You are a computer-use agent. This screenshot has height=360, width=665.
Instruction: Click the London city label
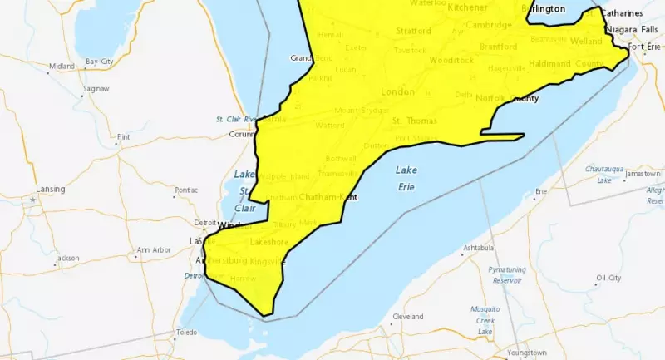[x=397, y=91]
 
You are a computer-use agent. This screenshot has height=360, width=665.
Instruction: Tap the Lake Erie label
[x=406, y=178]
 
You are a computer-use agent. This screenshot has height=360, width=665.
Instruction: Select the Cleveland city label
[x=407, y=317]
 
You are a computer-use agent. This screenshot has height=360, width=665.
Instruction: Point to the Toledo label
[x=186, y=333]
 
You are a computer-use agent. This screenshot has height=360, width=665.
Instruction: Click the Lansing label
[x=50, y=189]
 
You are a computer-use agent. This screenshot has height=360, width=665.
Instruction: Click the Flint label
[x=125, y=136]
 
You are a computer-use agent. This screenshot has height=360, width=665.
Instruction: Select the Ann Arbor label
[x=155, y=249]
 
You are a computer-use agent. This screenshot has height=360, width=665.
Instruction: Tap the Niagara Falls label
[x=633, y=30]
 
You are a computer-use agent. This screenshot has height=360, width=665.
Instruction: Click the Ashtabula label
[x=478, y=248]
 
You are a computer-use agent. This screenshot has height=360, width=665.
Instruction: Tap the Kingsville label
[x=268, y=262]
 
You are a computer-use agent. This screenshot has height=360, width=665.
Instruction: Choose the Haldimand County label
[x=566, y=64]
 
